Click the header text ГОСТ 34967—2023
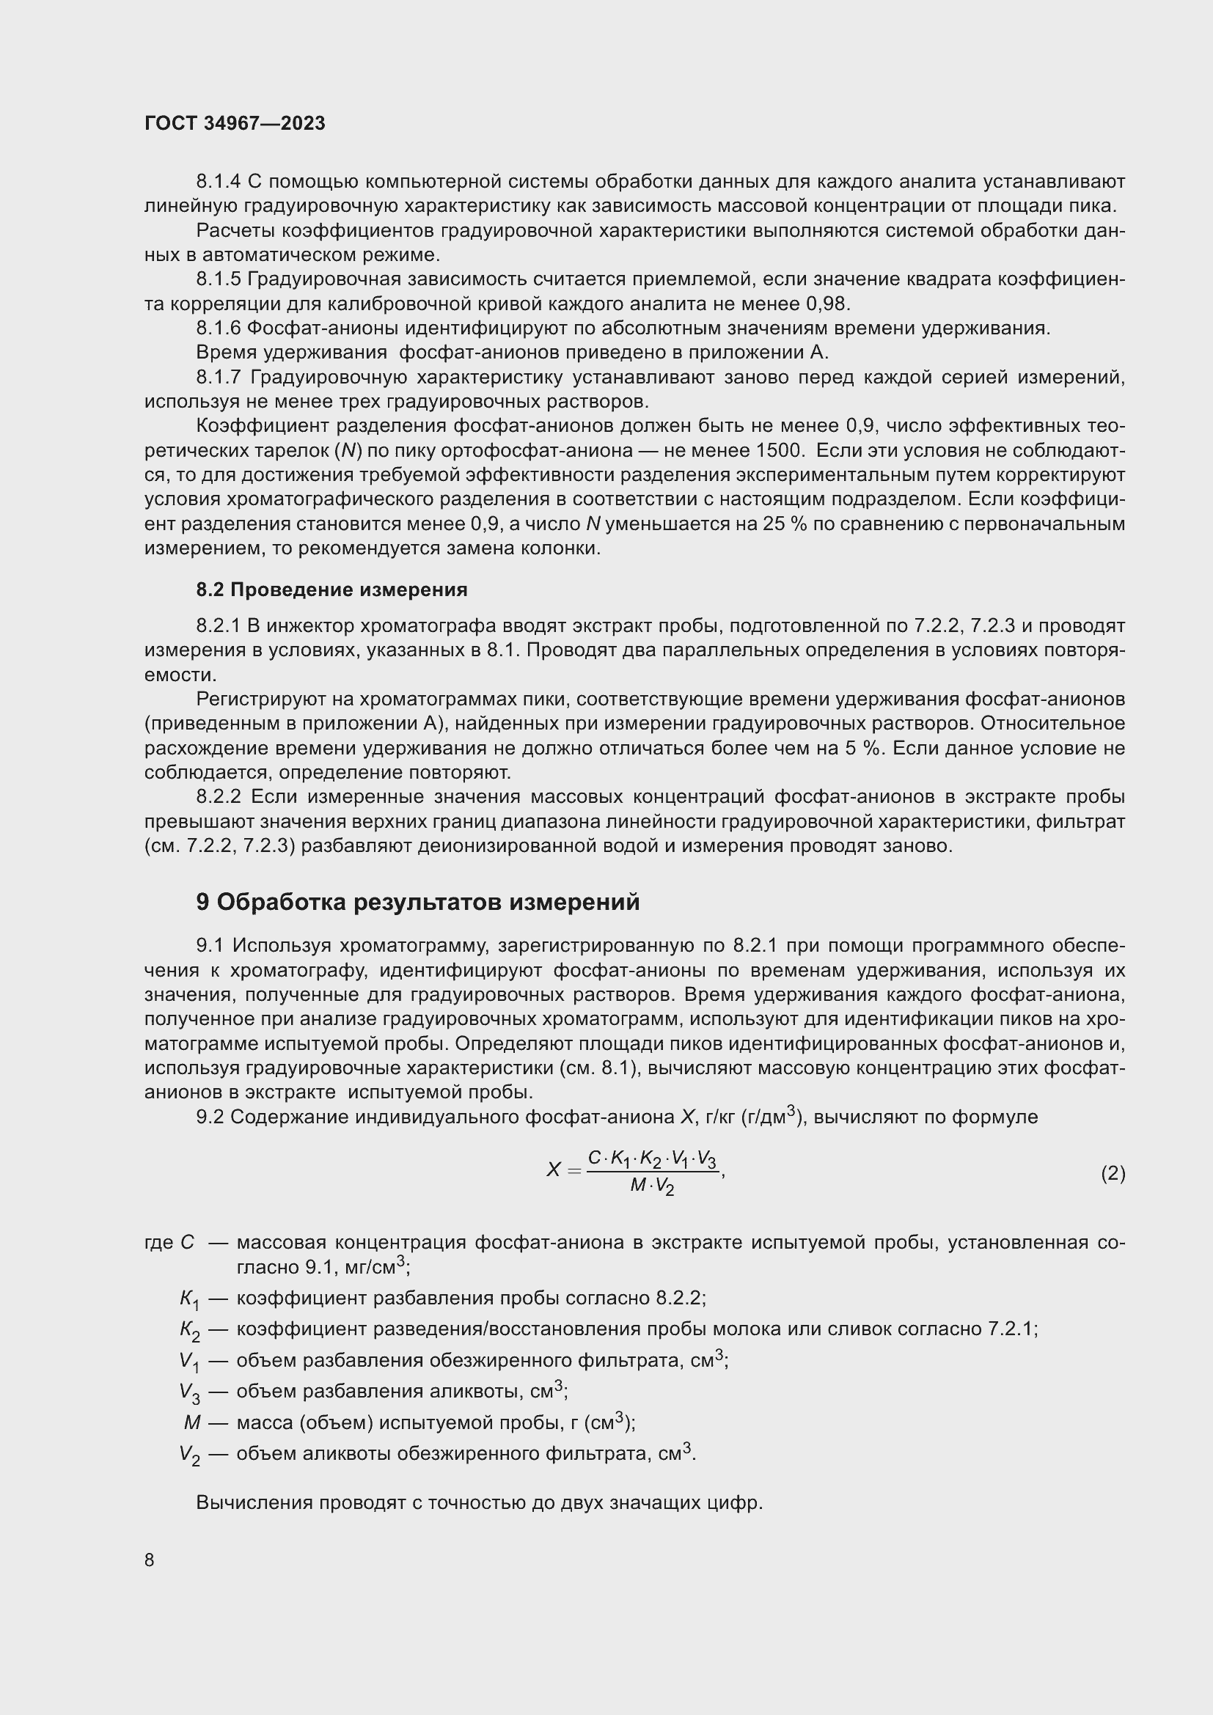coord(235,123)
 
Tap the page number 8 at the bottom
coord(150,1560)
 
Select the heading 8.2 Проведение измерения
coord(331,590)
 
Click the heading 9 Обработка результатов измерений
coord(417,902)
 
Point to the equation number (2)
coord(1113,1172)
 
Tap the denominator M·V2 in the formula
coord(652,1186)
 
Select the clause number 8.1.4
coord(218,182)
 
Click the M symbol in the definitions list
coord(192,1422)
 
